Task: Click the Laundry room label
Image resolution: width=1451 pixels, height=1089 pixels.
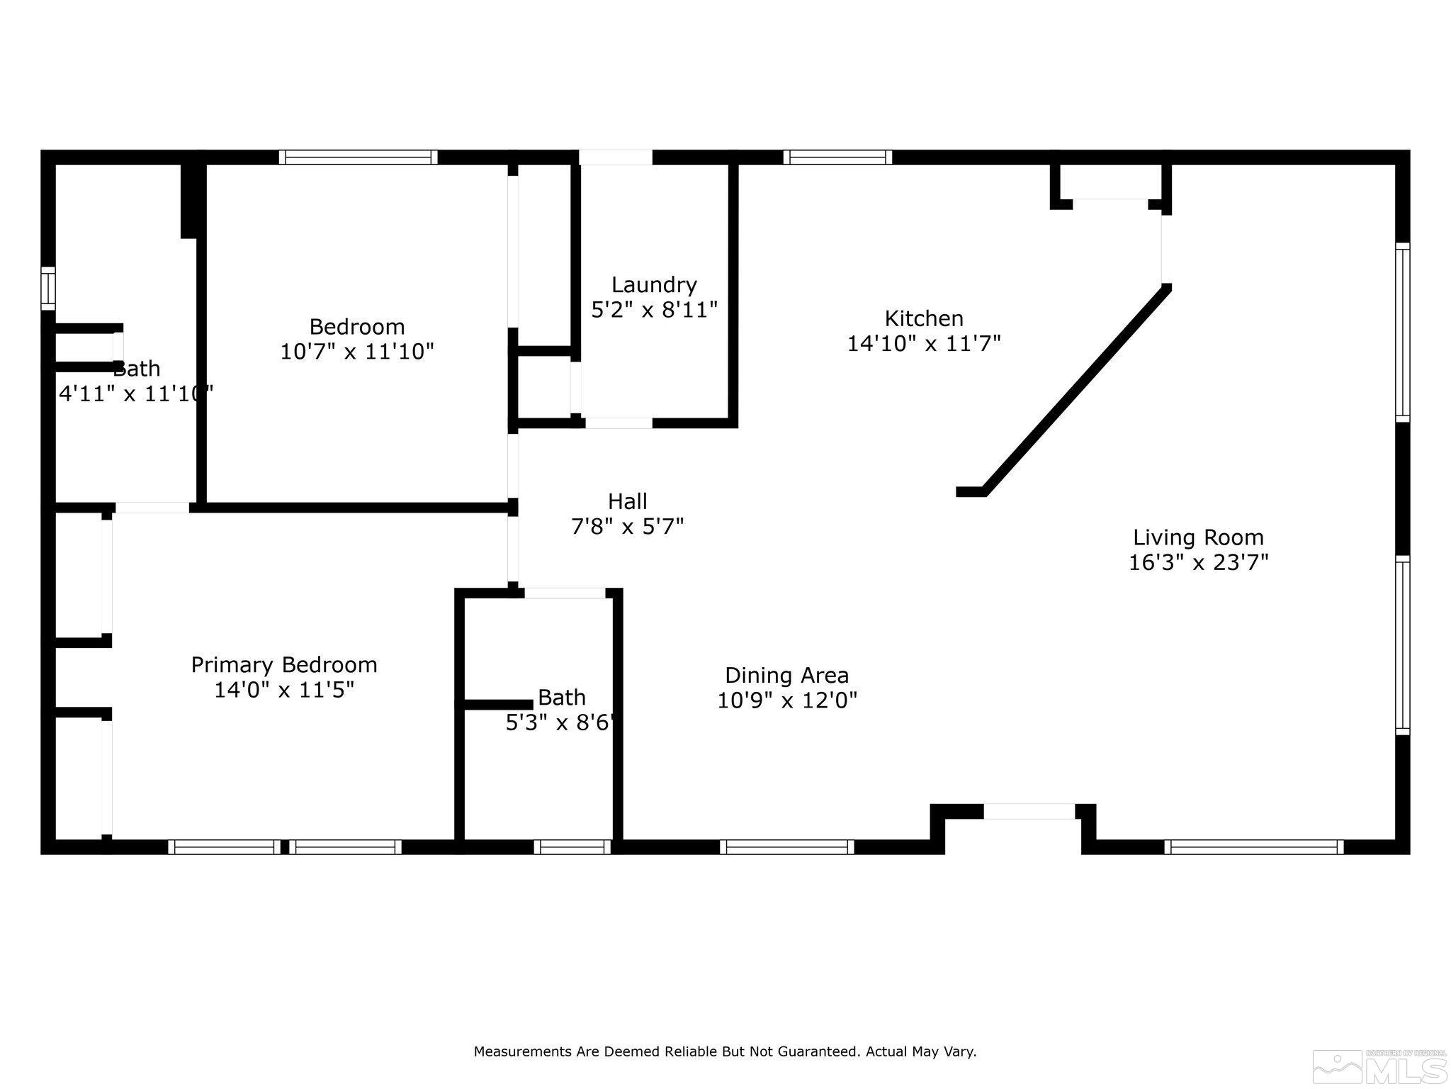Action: (654, 285)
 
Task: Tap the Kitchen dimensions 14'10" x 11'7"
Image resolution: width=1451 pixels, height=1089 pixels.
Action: (924, 344)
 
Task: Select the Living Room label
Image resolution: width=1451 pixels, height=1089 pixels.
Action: (1198, 537)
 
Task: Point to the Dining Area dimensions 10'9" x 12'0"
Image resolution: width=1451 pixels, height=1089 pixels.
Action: (787, 700)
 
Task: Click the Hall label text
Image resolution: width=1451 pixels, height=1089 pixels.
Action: (627, 502)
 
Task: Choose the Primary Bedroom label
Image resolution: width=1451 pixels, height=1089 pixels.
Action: (284, 665)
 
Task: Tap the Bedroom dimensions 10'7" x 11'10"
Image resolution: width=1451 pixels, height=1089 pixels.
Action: (357, 352)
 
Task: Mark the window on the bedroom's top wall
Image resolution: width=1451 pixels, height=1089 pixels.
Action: (358, 157)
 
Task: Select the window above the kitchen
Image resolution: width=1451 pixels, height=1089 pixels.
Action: (837, 157)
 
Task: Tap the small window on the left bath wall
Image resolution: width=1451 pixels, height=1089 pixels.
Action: (48, 288)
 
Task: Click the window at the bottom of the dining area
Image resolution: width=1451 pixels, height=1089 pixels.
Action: (787, 847)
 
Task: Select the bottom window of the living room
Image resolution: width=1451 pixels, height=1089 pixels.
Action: (1253, 847)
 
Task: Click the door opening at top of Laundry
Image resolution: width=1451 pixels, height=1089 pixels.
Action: (616, 157)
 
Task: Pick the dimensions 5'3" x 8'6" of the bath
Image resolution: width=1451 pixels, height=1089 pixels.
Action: (559, 722)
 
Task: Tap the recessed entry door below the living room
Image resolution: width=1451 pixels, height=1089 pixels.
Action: (1029, 812)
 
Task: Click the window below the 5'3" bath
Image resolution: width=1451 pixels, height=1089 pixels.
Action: (572, 847)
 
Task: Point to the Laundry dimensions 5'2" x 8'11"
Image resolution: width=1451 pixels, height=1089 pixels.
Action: (654, 310)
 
